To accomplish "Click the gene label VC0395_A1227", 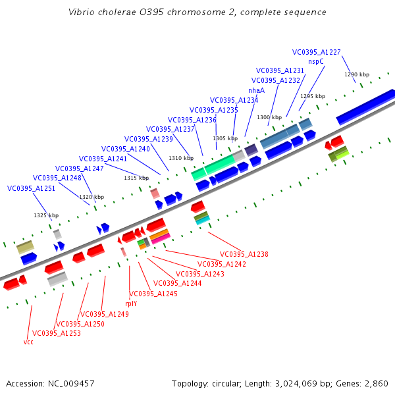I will (317, 52).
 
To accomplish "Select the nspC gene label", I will (316, 61).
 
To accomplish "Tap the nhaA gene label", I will (256, 90).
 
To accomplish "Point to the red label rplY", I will (131, 303).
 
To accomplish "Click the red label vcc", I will (28, 342).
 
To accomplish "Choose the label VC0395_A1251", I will (31, 188).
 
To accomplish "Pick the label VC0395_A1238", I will (244, 254).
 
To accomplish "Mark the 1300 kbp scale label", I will (269, 117).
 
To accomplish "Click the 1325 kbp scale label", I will (46, 215).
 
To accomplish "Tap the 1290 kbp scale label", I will (357, 74).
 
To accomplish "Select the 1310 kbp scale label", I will (181, 158).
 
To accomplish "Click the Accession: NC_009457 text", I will (50, 383).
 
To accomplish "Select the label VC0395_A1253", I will (57, 333).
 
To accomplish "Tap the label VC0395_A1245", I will (153, 294).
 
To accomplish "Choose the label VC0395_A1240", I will (126, 149).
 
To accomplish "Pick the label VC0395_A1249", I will (105, 314).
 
